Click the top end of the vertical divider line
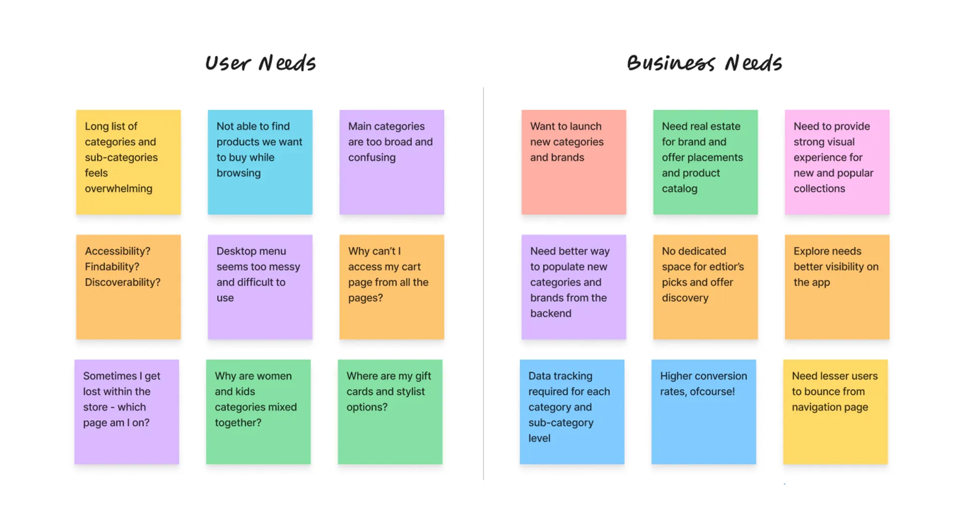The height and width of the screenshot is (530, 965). point(484,87)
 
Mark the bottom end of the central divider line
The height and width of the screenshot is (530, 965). point(484,480)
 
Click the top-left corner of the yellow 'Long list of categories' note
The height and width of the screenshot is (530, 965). point(76,110)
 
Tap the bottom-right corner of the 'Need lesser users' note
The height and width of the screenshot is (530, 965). point(888,464)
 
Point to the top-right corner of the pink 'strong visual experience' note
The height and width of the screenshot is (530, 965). point(890,110)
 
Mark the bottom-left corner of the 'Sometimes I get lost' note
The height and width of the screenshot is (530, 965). point(74,464)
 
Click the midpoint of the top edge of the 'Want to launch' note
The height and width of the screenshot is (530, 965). point(574,110)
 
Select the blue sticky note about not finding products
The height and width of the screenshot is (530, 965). point(260,162)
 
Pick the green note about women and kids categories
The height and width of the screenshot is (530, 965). point(258,412)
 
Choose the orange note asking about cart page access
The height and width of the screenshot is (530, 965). point(392,287)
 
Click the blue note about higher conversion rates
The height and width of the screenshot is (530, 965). point(704,412)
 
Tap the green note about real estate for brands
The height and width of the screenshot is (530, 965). point(706,162)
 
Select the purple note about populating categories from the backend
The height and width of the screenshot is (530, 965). point(574,287)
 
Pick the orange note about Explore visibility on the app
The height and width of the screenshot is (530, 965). point(837,287)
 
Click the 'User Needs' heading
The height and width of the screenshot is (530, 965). point(260,63)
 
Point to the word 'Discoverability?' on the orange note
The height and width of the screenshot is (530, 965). point(123,283)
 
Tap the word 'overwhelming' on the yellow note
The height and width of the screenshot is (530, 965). point(119,189)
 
